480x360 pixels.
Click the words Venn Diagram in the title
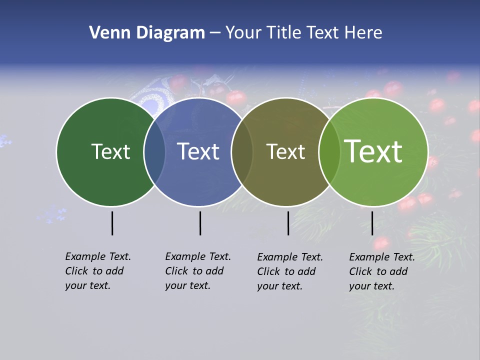coord(147,33)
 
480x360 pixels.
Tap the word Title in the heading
coord(283,33)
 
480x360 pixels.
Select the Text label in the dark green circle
coord(110,151)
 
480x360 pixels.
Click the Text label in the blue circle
coord(198,151)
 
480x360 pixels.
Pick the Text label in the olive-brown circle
coord(285,151)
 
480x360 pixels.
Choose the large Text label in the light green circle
coord(373,151)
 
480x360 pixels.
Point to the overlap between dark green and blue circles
coord(154,152)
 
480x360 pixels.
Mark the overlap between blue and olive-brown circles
coord(242,152)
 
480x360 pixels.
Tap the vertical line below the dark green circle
coord(112,223)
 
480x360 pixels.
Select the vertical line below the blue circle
coord(200,223)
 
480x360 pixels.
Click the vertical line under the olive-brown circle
coord(288,223)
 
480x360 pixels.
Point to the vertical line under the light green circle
coord(372,223)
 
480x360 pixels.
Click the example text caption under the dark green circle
coord(98,271)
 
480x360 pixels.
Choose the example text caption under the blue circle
coord(198,271)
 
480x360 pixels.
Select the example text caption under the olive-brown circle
coord(290,271)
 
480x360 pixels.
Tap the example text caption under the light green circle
coord(382,271)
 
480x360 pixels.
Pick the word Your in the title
coord(243,33)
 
